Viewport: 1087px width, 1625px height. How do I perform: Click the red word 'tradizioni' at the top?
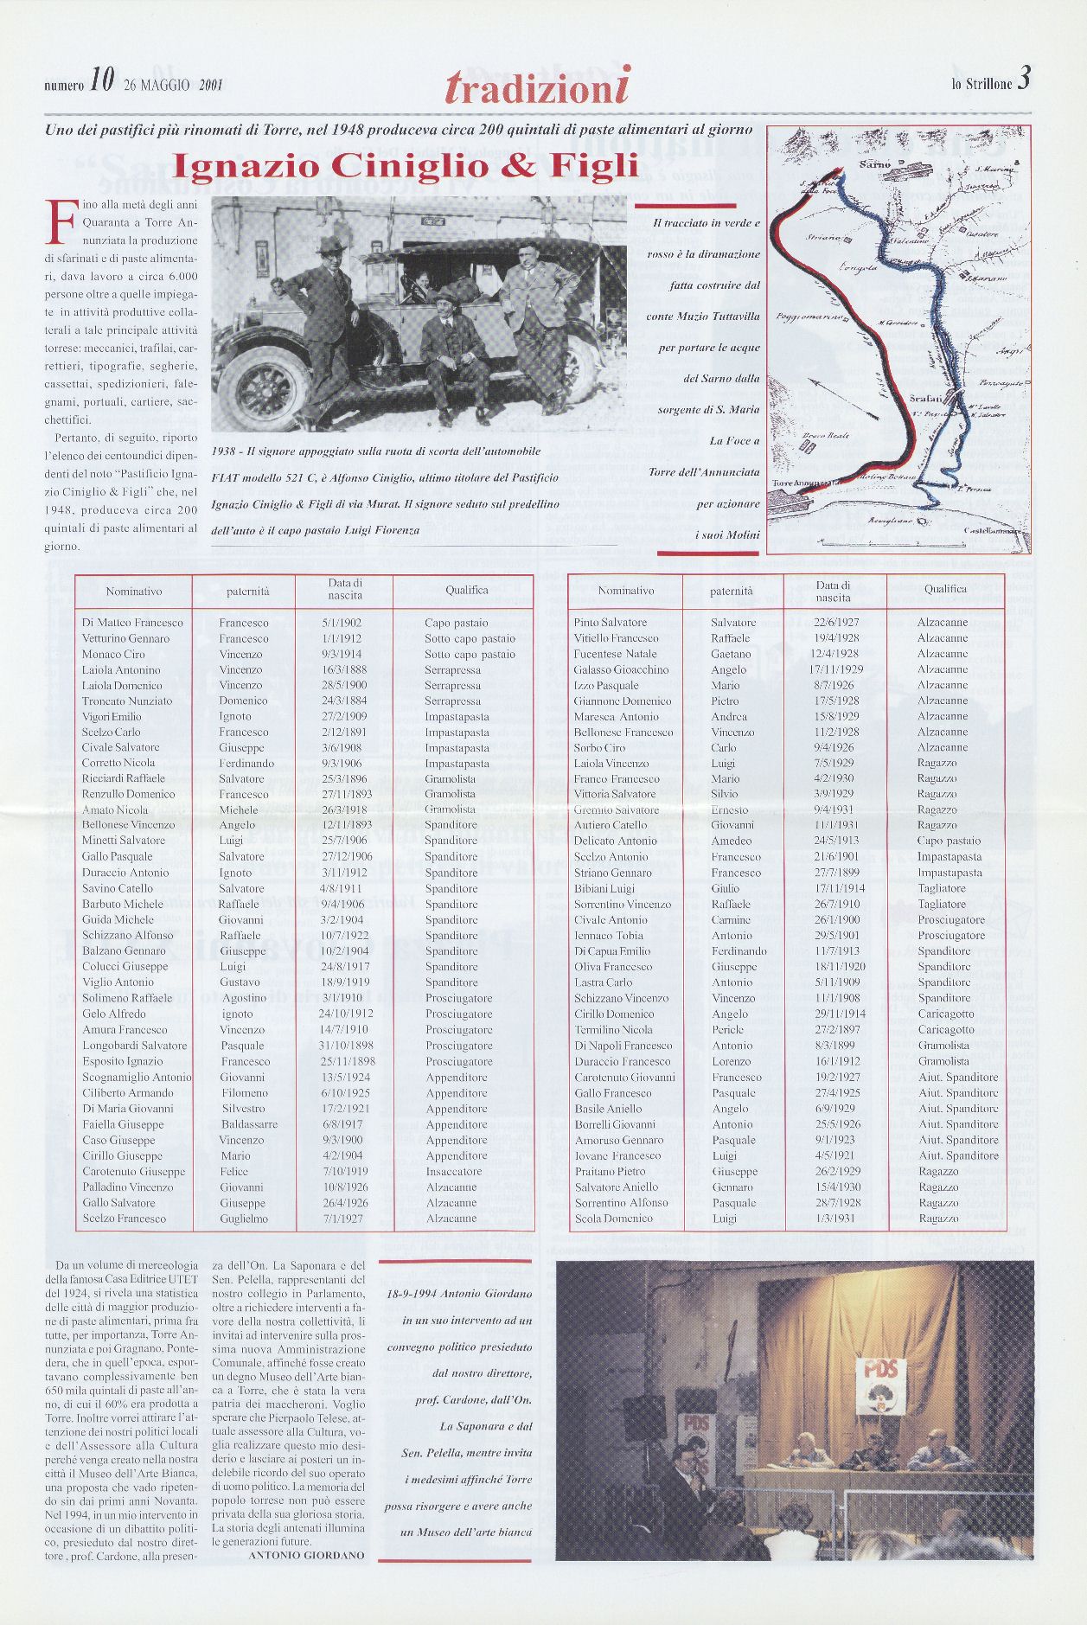point(537,86)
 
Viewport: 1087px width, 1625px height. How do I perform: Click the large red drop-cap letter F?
point(59,224)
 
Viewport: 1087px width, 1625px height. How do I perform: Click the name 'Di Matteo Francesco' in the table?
point(132,623)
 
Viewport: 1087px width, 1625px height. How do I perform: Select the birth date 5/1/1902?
point(341,623)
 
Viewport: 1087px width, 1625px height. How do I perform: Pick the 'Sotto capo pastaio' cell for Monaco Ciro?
point(470,655)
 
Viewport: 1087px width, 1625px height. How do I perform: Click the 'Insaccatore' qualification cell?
point(454,1172)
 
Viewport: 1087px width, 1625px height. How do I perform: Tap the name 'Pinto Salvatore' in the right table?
point(611,623)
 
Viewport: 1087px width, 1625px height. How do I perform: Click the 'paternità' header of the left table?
point(248,592)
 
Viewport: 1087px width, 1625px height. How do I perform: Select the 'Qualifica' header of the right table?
point(945,589)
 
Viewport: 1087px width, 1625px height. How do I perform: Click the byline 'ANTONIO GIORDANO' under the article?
point(306,1578)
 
